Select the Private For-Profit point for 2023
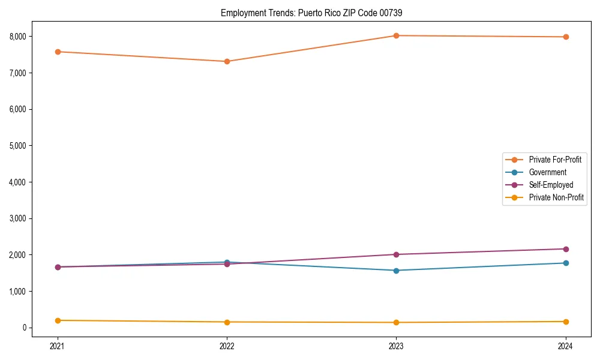[396, 35]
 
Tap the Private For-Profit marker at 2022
[227, 61]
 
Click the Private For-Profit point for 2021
[58, 52]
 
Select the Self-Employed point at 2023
[396, 254]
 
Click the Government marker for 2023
[396, 271]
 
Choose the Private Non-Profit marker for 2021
[58, 320]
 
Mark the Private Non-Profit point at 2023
[396, 322]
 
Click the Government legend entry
[547, 172]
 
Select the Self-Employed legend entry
[551, 185]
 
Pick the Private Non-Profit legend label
[556, 197]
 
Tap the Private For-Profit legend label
[555, 160]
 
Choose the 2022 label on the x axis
[227, 346]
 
